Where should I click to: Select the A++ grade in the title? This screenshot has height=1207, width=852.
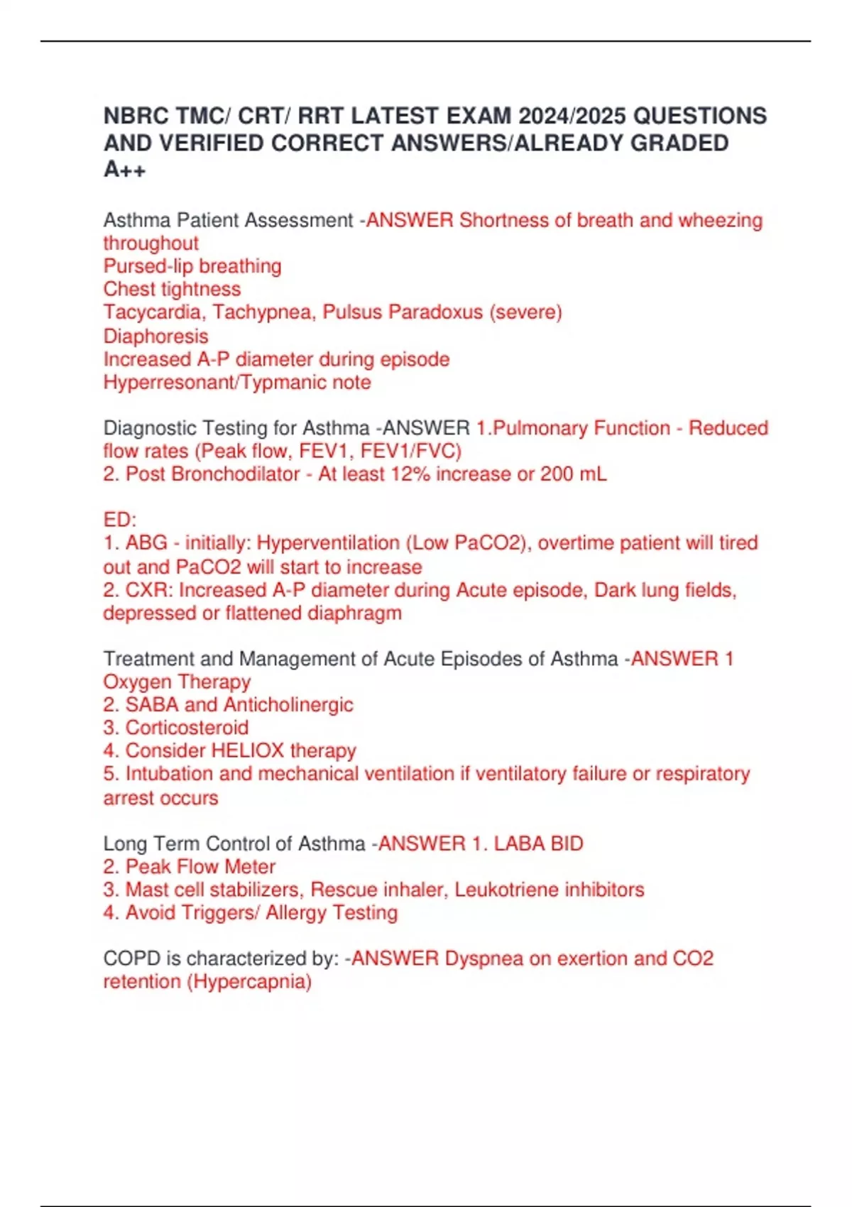[125, 170]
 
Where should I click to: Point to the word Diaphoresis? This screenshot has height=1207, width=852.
[155, 336]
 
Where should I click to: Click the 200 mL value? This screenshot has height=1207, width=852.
[573, 474]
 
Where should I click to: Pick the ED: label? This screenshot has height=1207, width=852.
[119, 520]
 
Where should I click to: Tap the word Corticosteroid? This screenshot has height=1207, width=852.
[187, 728]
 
